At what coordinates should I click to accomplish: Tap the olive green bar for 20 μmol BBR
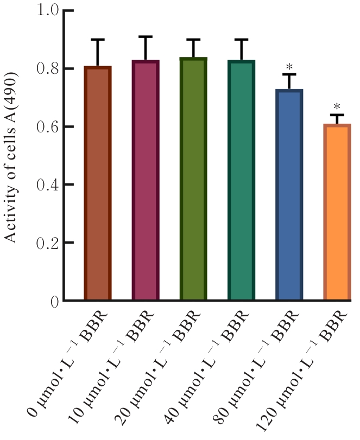pos(193,179)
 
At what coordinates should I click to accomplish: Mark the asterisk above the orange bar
pos(337,106)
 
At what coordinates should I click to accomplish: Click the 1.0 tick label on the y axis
pos(47,11)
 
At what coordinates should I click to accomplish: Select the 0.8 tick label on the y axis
pos(47,69)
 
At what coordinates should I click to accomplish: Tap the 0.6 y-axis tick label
pos(47,127)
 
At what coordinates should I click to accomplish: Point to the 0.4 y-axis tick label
pos(47,185)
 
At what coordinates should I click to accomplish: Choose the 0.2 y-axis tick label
pos(47,243)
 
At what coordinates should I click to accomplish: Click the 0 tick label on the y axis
pos(54,301)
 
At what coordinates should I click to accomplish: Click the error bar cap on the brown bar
pos(98,40)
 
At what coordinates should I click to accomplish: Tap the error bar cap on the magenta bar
pos(146,36)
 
